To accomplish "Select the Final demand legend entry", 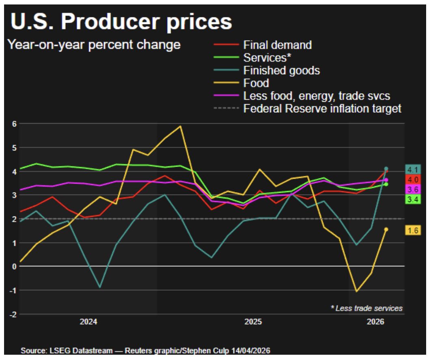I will (x=277, y=45).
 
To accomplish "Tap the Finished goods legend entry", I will (x=281, y=71).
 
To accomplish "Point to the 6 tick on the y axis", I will (x=13, y=124).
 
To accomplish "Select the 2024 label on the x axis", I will (x=88, y=322).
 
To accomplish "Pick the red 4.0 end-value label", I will (x=413, y=180).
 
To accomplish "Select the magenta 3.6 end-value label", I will (x=413, y=189).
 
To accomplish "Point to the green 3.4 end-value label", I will (x=413, y=199).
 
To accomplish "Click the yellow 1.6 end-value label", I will (x=413, y=230).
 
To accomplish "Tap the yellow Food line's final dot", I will (x=386, y=229).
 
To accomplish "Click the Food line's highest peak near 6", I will (x=180, y=126).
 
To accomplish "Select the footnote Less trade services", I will (x=366, y=309).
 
